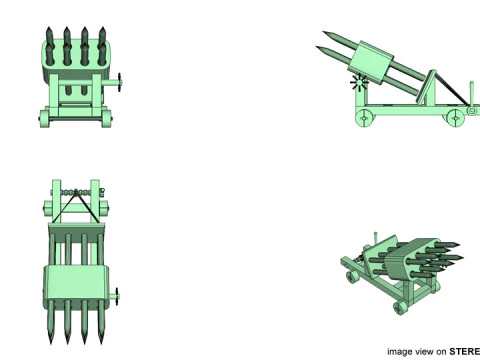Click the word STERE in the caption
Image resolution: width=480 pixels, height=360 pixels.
[x=464, y=351]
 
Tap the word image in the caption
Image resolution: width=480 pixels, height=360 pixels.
[x=401, y=351]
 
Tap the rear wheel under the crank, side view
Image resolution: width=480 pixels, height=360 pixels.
[x=364, y=119]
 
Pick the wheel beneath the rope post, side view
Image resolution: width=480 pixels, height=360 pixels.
[x=458, y=118]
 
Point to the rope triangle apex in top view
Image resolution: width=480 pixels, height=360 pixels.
[x=76, y=196]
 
